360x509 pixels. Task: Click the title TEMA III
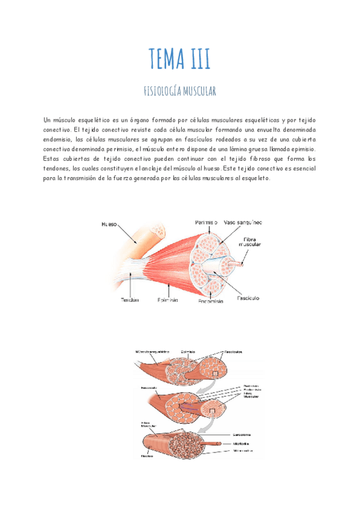179,59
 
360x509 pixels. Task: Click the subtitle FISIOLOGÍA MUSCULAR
179,91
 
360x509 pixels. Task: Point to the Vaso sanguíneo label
243,222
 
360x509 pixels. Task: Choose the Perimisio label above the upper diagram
206,222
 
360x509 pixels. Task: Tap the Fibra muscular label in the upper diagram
250,241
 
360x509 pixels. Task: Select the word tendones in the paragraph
61,169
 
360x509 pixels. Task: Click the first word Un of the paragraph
48,120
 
